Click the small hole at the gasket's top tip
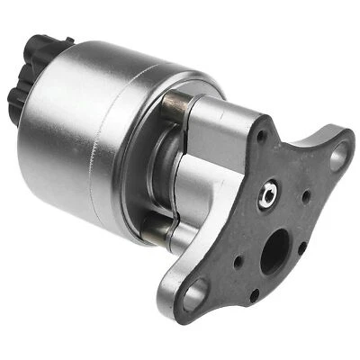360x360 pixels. [x=262, y=137]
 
